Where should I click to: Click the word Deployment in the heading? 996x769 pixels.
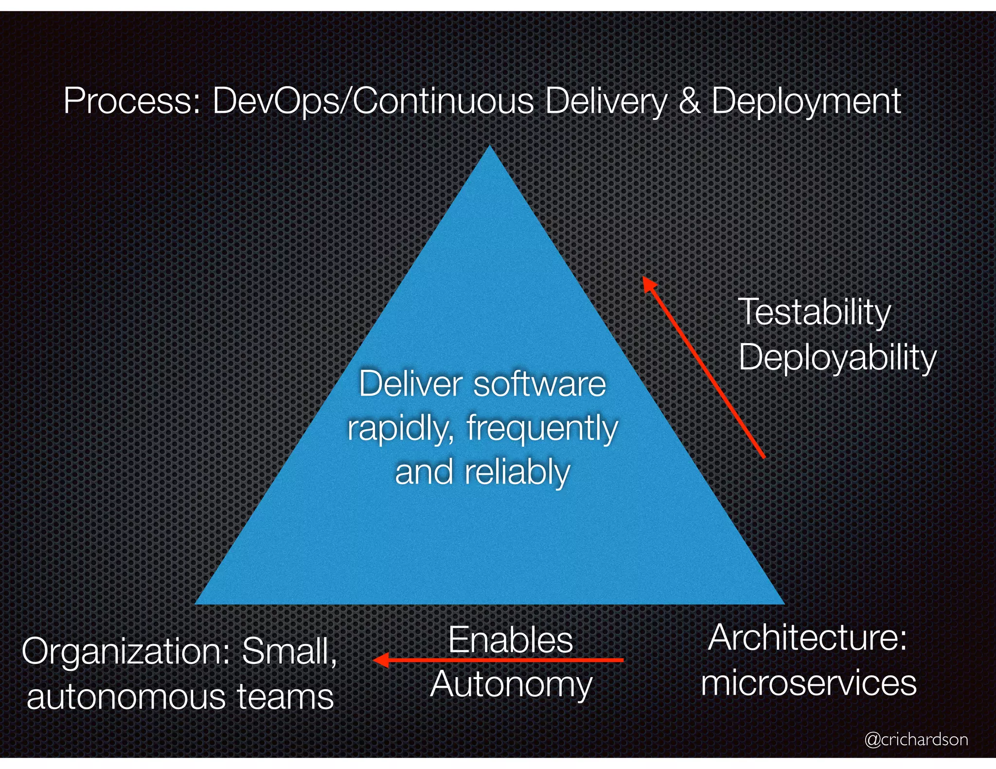[806, 102]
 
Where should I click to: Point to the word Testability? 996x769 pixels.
[814, 312]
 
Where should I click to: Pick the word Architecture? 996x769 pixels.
[807, 638]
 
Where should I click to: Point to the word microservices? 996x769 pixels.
[808, 682]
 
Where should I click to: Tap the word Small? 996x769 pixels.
[289, 651]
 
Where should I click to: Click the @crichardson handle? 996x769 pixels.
[916, 739]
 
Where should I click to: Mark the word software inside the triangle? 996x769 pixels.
[539, 384]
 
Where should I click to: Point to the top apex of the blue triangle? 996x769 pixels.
[490, 147]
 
